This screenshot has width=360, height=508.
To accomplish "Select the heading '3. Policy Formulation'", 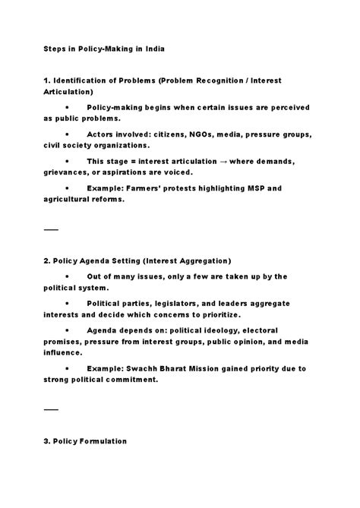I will pyautogui.click(x=85, y=441).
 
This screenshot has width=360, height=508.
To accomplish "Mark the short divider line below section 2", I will pyautogui.click(x=50, y=409).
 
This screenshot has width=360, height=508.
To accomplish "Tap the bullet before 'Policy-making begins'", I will pyautogui.click(x=68, y=107).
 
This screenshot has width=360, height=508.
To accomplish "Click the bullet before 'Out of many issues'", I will pyautogui.click(x=68, y=276).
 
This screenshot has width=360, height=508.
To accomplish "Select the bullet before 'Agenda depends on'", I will pyautogui.click(x=68, y=330).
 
